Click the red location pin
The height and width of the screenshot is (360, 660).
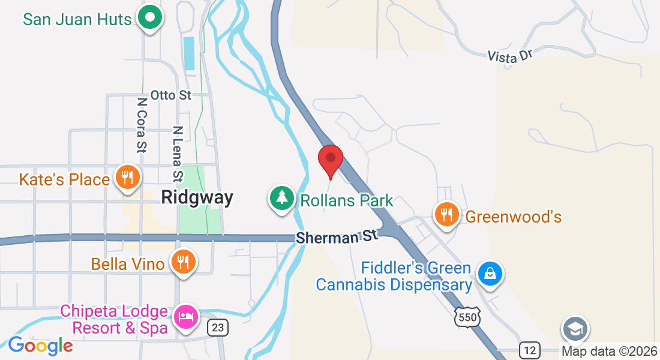[x=330, y=160]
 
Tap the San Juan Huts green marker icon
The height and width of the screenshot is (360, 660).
[x=149, y=18]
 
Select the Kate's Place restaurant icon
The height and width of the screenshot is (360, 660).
[x=127, y=178]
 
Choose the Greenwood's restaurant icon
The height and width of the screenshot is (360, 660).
[x=446, y=214]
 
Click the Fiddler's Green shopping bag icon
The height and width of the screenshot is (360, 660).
[x=490, y=274]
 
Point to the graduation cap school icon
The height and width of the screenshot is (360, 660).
[x=575, y=329]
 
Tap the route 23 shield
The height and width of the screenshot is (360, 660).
[x=217, y=327]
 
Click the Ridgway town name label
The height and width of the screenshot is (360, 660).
[x=197, y=197]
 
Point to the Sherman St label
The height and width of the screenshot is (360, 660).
[x=337, y=236]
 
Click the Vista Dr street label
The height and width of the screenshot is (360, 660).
[x=510, y=56]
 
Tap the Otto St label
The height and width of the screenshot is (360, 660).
[x=170, y=95]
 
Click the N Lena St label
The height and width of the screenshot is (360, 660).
[x=178, y=153]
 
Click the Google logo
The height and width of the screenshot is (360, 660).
[x=40, y=346]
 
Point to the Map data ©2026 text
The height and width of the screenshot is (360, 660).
[x=608, y=351]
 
